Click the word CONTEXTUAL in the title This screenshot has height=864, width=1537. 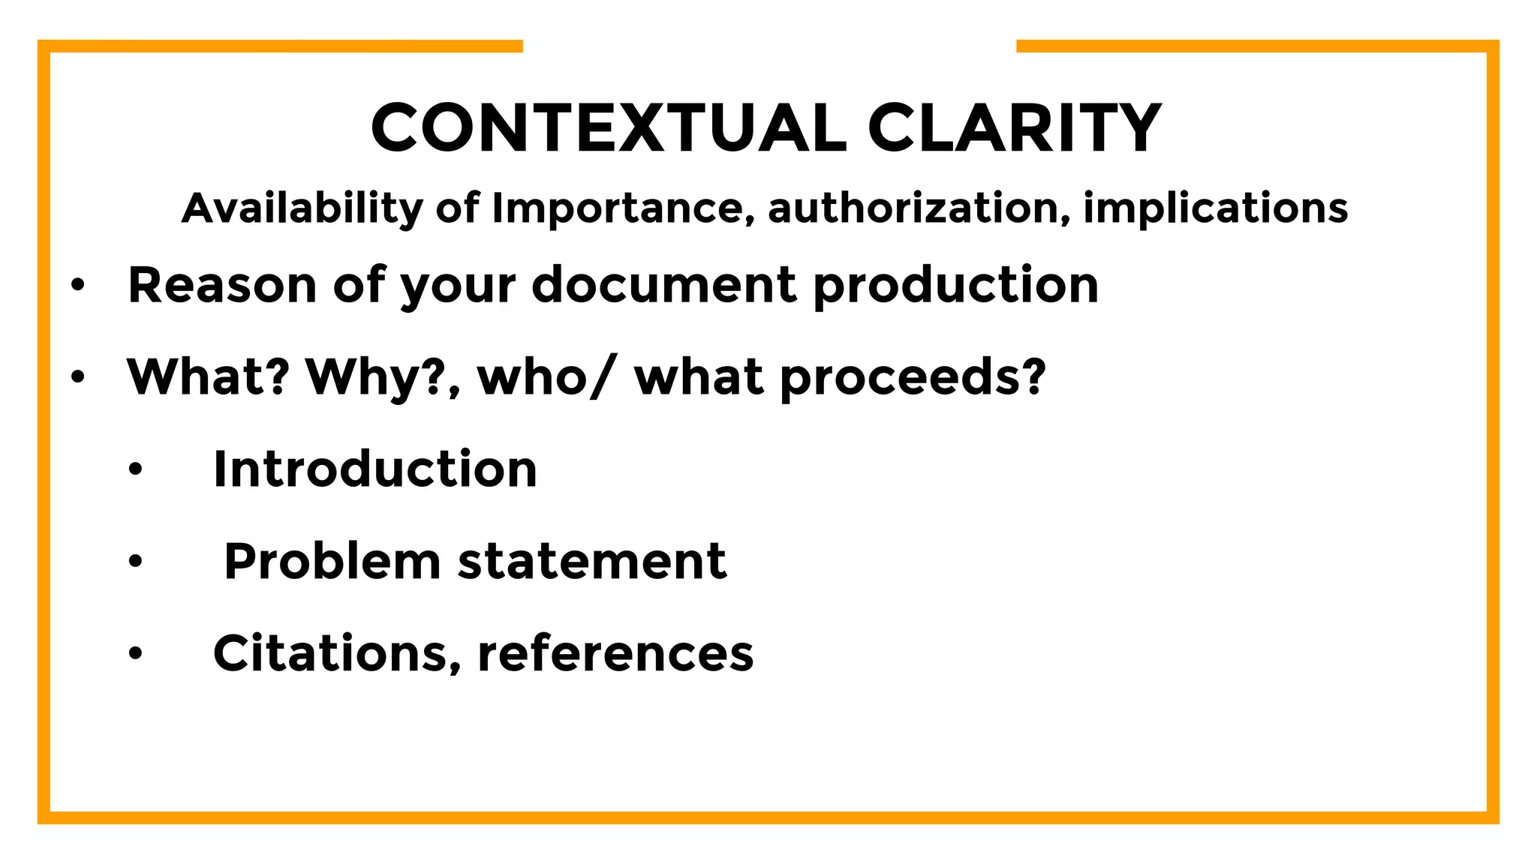[609, 128]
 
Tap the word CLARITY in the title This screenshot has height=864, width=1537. [1015, 128]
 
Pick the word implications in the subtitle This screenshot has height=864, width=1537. [1215, 208]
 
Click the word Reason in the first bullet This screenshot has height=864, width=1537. [222, 285]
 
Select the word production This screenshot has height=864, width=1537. [955, 286]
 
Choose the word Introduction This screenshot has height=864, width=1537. [375, 469]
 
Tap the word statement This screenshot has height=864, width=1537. [592, 562]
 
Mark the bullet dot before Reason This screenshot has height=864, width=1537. [78, 286]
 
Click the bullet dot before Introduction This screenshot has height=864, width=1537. [135, 470]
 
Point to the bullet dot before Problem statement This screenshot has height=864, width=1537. [135, 562]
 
